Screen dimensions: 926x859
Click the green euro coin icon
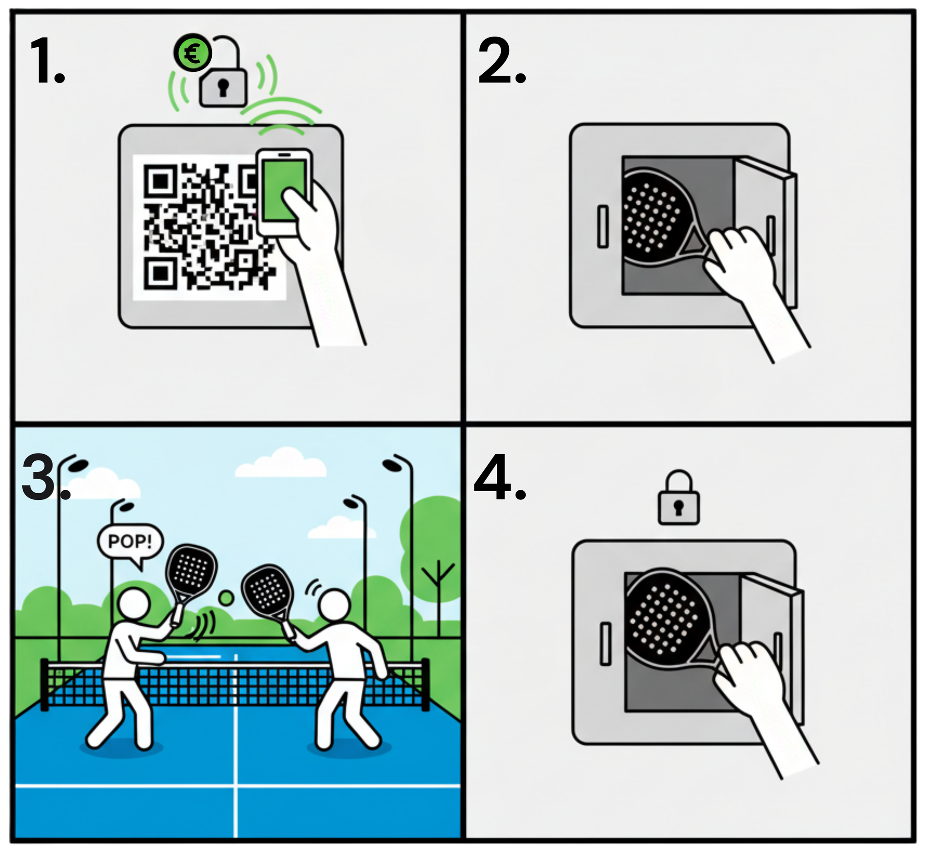193,53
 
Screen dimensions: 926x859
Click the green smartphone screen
284,190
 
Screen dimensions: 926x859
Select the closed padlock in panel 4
679,497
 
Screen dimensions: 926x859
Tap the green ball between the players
226,598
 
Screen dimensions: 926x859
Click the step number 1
47,61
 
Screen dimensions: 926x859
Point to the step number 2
502,61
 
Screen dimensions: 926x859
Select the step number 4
500,477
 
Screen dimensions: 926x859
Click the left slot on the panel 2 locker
603,227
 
